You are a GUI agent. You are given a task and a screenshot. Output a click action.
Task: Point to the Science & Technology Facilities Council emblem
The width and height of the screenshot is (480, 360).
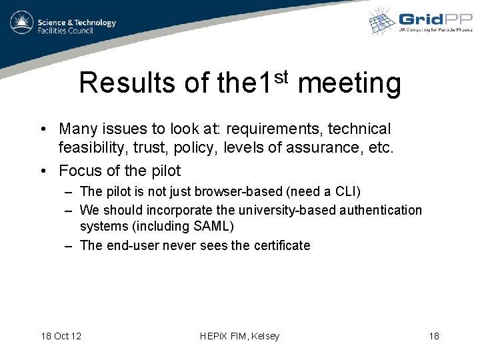pos(21,23)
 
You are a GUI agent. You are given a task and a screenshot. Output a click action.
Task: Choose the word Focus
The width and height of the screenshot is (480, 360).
pos(81,170)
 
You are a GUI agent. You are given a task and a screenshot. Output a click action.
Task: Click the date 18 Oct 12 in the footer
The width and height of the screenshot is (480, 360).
pos(61,336)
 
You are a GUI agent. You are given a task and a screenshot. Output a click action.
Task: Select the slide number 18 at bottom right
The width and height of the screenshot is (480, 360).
pos(434,336)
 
